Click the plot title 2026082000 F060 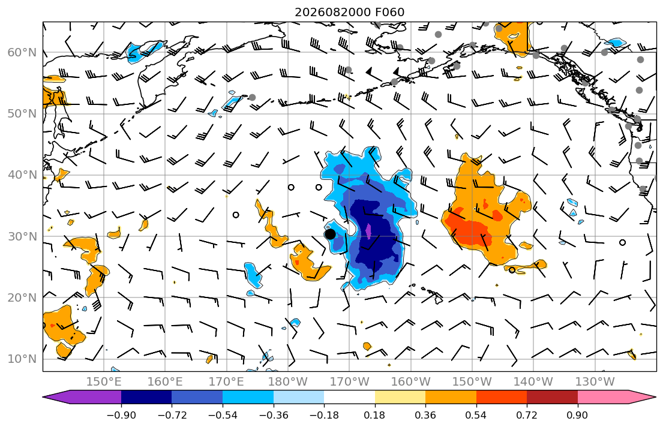click(x=349, y=12)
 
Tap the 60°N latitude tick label click(x=22, y=52)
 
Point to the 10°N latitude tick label click(x=22, y=359)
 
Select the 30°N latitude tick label click(x=22, y=236)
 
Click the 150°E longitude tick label click(x=104, y=382)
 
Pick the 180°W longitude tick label click(x=288, y=382)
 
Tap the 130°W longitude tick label click(x=595, y=382)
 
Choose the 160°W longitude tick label click(x=410, y=382)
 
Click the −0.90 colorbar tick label click(x=121, y=415)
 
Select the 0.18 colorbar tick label click(x=374, y=415)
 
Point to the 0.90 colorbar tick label click(x=578, y=415)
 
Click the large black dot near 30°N click(x=330, y=234)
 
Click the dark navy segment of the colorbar click(x=146, y=397)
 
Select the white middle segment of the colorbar click(x=349, y=397)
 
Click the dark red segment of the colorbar click(x=552, y=397)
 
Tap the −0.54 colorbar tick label click(x=223, y=415)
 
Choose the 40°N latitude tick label click(x=22, y=175)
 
